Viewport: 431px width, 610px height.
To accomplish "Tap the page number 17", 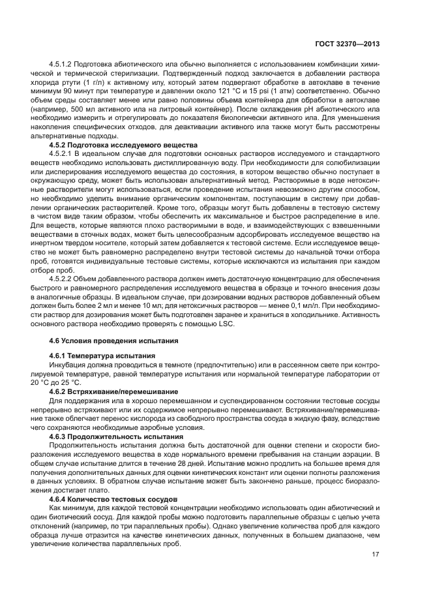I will pos(376,555).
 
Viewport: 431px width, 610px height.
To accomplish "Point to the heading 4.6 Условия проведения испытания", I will pos(114,339).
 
